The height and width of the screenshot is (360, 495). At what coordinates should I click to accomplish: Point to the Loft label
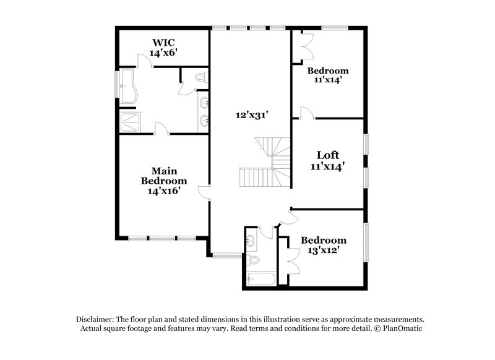[x=327, y=155]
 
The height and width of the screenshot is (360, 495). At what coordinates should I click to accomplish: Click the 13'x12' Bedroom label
[x=324, y=240]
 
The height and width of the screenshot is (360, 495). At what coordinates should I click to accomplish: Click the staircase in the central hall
[x=266, y=164]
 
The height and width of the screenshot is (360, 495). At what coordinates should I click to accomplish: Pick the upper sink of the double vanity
[x=204, y=102]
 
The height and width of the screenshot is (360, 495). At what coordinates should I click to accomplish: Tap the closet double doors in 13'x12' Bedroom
[x=290, y=254]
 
